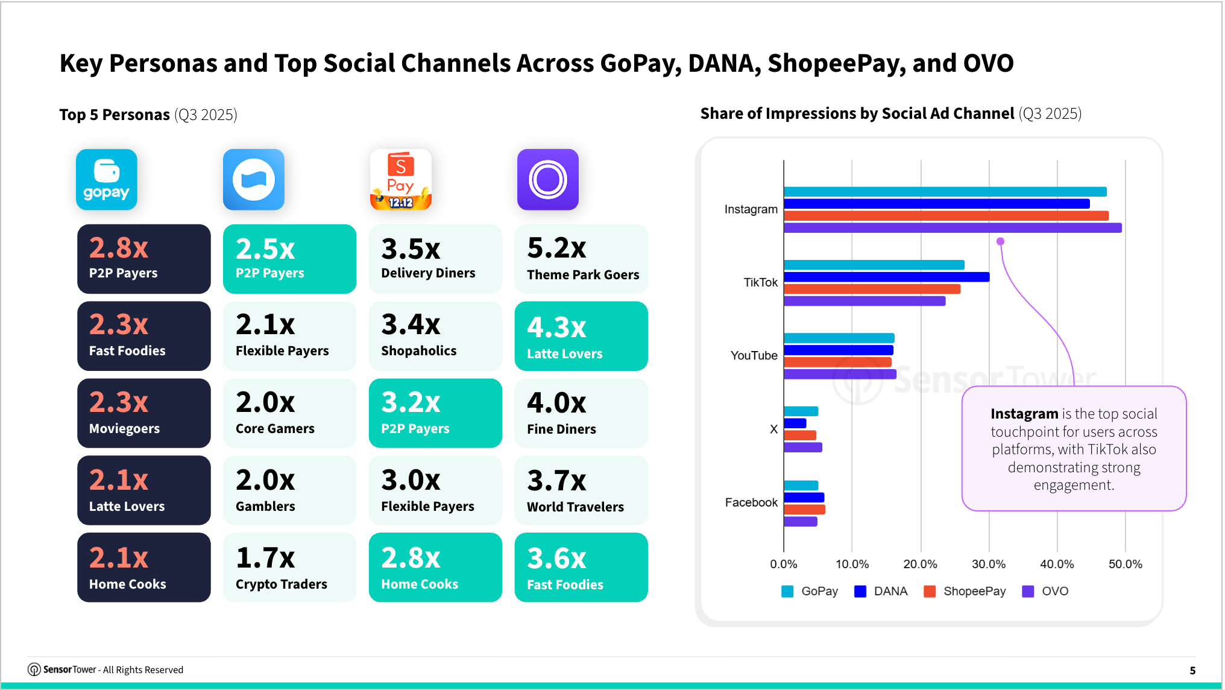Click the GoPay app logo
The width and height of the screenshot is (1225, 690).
point(107,180)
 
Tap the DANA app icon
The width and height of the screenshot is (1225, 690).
point(254,180)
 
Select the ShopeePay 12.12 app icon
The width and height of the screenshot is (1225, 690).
point(401,180)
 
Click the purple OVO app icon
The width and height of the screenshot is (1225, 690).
point(548,180)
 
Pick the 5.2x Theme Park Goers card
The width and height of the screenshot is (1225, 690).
point(581,259)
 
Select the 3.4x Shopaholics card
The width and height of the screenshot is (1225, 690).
point(435,337)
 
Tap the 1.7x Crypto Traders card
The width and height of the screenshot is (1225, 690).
point(289,568)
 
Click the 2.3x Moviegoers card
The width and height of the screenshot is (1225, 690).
point(144,413)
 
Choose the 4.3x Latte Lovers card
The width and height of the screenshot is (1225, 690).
point(581,337)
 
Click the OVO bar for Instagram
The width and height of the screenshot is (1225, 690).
point(953,228)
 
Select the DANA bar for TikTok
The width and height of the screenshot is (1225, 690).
point(886,277)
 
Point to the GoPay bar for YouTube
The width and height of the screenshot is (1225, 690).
point(839,338)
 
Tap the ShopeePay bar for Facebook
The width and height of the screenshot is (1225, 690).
point(804,510)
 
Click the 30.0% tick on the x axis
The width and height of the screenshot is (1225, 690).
point(989,564)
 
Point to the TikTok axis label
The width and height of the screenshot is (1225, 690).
point(760,282)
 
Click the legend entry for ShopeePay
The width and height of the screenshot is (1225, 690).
point(974,591)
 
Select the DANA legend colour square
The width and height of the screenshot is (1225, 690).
point(860,591)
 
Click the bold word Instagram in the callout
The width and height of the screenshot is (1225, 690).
point(1024,414)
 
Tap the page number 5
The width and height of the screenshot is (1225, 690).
point(1192,670)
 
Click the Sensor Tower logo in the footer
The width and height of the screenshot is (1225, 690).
point(34,669)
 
